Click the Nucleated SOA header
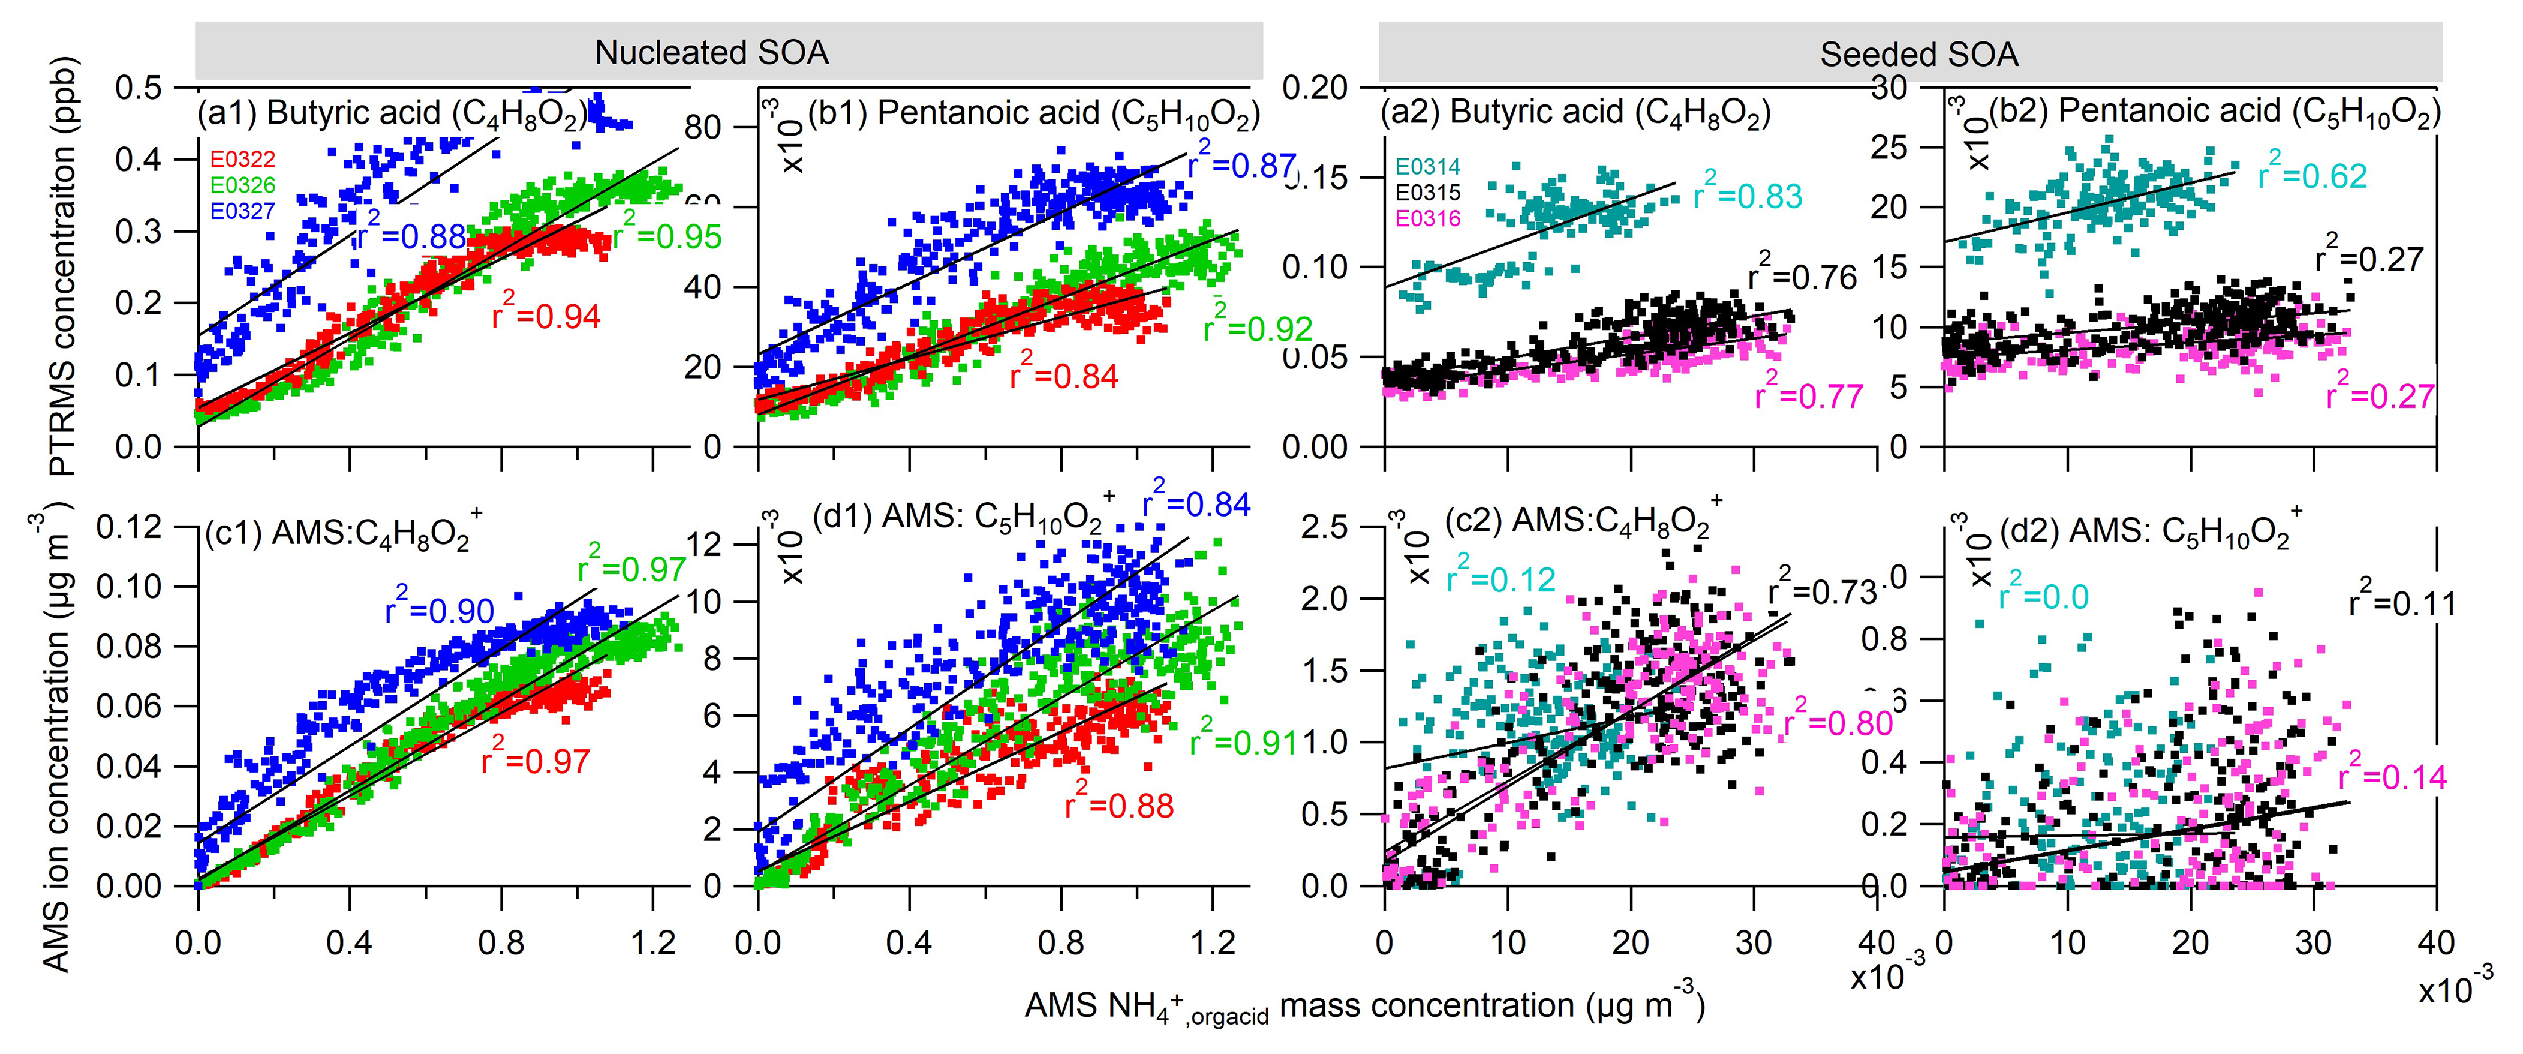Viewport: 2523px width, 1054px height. [x=711, y=52]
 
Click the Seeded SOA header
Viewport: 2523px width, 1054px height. [x=1918, y=54]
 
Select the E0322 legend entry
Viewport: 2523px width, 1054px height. [x=243, y=159]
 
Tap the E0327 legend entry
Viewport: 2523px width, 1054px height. [x=243, y=211]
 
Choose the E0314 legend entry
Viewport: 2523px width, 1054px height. [x=1427, y=167]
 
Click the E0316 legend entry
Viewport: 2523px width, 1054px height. [x=1427, y=218]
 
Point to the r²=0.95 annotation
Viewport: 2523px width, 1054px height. [x=667, y=233]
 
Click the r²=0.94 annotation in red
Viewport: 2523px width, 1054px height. [x=546, y=314]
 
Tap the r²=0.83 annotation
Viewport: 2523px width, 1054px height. [x=1748, y=194]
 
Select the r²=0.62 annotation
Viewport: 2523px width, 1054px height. [x=2311, y=173]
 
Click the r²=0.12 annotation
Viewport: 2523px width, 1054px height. [x=1500, y=577]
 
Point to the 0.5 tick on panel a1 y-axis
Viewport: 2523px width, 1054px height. [x=139, y=88]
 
